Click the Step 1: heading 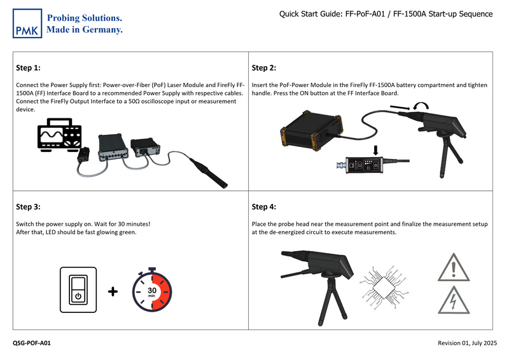pyautogui.click(x=28, y=67)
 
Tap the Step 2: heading pyautogui.click(x=264, y=68)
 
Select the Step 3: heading pyautogui.click(x=28, y=207)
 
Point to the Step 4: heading pyautogui.click(x=264, y=207)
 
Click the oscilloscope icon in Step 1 pyautogui.click(x=59, y=135)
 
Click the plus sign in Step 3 pyautogui.click(x=113, y=292)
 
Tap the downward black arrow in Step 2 pyautogui.click(x=375, y=150)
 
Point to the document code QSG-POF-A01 pyautogui.click(x=32, y=343)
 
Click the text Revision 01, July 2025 pyautogui.click(x=467, y=343)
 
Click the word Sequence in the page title pyautogui.click(x=471, y=14)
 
